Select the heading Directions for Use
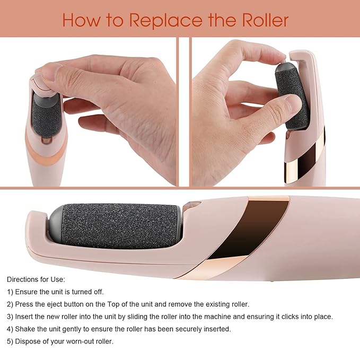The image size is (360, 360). [x=36, y=279]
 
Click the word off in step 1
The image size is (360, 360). [x=99, y=292]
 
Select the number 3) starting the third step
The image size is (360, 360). [x=10, y=317]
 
